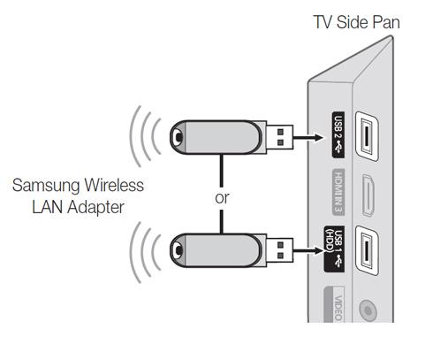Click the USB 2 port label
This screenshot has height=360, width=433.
click(x=338, y=135)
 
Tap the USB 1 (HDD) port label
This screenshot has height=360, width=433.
click(x=334, y=249)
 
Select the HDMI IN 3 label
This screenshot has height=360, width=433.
click(x=338, y=192)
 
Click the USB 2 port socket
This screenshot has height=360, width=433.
click(x=367, y=136)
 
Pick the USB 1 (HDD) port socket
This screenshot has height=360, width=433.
click(x=367, y=250)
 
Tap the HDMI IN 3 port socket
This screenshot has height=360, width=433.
click(x=368, y=195)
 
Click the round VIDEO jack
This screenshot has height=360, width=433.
click(x=368, y=310)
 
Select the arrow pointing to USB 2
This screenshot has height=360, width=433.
click(x=308, y=137)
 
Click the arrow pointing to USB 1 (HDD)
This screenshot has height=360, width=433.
click(x=308, y=251)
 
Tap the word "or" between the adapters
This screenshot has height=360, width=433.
click(x=222, y=198)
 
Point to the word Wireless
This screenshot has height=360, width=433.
click(x=114, y=185)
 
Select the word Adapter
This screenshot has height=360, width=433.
click(x=95, y=208)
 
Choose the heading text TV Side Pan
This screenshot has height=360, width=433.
click(x=356, y=22)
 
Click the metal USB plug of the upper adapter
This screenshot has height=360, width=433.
click(x=279, y=137)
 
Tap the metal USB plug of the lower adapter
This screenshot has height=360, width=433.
click(x=279, y=250)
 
